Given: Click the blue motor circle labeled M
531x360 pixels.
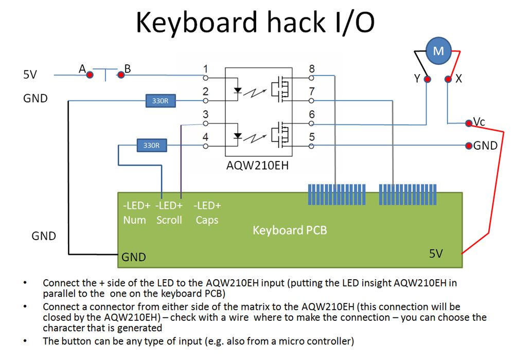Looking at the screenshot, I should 438,50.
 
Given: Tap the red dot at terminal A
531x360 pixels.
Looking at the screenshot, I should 90,75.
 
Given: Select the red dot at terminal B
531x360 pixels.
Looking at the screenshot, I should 121,75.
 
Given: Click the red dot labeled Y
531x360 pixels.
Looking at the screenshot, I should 427,79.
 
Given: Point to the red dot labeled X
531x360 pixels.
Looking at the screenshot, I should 448,79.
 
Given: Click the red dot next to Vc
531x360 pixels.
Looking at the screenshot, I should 468,123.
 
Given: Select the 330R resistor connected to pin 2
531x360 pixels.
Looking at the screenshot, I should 160,101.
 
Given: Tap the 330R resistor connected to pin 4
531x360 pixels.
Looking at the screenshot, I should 152,146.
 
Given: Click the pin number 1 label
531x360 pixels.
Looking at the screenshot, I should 206,69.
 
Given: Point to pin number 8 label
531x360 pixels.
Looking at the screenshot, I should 311,69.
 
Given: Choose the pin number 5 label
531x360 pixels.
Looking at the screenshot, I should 311,137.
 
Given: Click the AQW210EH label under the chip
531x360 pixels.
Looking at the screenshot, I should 258,167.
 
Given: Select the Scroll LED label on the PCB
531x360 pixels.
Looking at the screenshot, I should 169,220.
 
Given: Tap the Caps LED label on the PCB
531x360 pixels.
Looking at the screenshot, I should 207,220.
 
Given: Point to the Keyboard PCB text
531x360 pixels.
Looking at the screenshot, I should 290,230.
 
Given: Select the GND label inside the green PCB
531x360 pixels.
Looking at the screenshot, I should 134,257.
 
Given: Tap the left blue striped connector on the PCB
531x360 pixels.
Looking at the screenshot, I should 337,195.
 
